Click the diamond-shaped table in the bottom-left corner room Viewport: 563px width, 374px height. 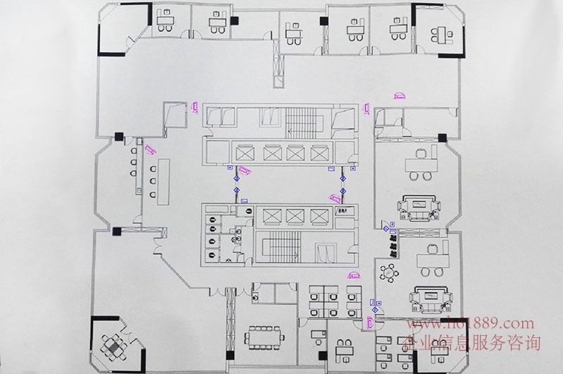coord(112,346)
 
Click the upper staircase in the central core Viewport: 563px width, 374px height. coord(304,121)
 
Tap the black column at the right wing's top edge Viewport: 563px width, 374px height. coord(442,137)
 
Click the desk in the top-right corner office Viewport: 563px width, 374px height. coord(445,32)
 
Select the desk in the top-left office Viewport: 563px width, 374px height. coord(166,21)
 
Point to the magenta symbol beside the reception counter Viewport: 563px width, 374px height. coord(149,149)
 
